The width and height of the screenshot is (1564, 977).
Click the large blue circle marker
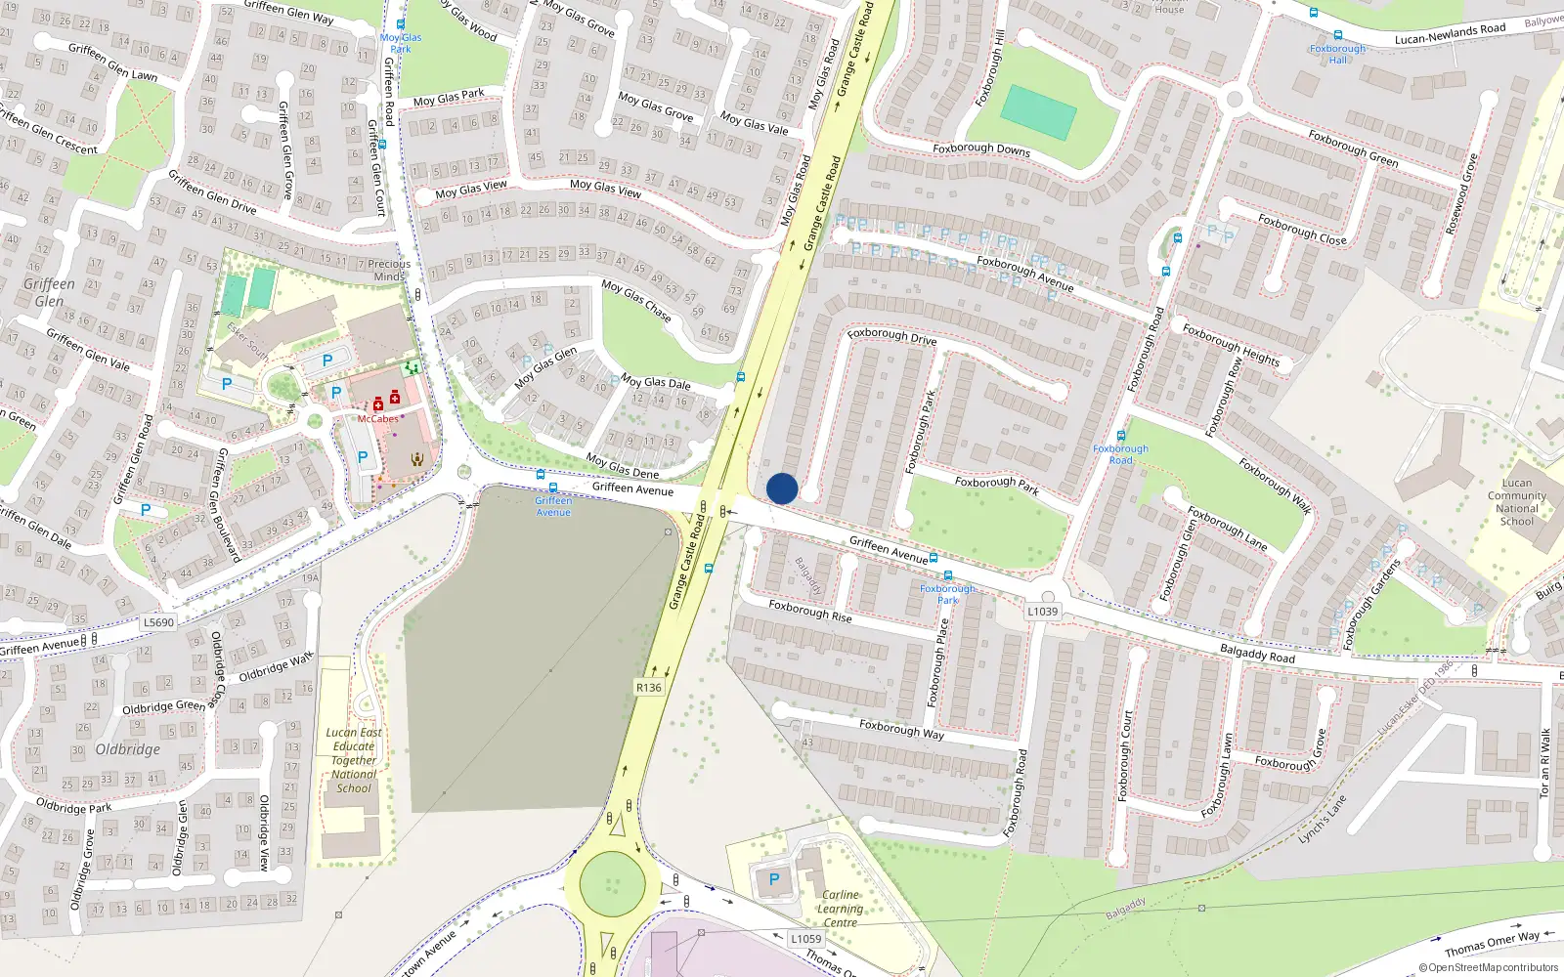point(782,488)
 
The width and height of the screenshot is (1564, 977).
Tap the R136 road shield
point(649,688)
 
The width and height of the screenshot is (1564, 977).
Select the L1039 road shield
point(1042,612)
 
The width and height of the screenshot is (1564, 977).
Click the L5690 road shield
point(158,622)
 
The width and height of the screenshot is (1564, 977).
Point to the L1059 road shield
point(805,939)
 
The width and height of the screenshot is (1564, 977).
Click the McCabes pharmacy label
point(377,419)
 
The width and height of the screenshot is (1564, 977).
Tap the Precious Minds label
point(389,270)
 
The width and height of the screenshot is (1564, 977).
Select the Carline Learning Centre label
point(840,909)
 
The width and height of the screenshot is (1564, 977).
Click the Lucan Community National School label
point(1516,502)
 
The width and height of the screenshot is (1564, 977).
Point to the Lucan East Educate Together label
point(354,760)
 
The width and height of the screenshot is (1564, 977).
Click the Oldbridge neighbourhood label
point(128,749)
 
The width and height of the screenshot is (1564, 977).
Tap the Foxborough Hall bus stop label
point(1337,54)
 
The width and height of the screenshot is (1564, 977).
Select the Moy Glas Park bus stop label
point(401,43)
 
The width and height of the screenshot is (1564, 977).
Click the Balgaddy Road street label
point(1257,654)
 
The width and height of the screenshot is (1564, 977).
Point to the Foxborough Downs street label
point(980,149)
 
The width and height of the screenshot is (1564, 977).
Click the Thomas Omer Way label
point(1491,944)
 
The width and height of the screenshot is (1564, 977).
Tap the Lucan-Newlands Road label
point(1450,34)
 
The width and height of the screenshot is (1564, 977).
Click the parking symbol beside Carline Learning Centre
point(774,879)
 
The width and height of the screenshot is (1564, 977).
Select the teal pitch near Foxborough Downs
point(1039,112)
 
